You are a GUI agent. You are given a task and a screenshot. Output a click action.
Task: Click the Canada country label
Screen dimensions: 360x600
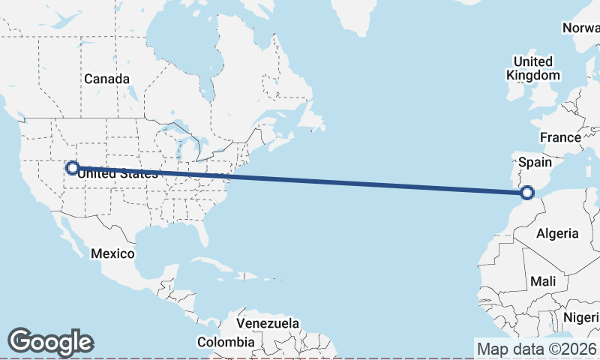pyautogui.click(x=106, y=79)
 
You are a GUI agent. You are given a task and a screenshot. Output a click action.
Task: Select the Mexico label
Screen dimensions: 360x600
pyautogui.click(x=112, y=253)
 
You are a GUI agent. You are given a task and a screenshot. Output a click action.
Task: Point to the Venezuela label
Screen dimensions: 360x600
pyautogui.click(x=268, y=323)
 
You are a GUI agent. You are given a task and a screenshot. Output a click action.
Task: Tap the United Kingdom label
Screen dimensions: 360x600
pyautogui.click(x=532, y=68)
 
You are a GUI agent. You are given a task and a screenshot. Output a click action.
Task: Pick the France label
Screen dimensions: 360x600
pyautogui.click(x=560, y=137)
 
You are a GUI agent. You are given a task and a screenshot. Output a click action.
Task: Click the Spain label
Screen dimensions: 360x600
pyautogui.click(x=535, y=162)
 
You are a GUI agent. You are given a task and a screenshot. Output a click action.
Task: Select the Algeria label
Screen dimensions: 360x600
pyautogui.click(x=557, y=233)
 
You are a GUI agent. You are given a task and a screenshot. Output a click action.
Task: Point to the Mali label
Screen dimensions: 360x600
pyautogui.click(x=542, y=281)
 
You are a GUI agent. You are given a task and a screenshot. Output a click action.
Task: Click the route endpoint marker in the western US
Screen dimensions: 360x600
pyautogui.click(x=72, y=168)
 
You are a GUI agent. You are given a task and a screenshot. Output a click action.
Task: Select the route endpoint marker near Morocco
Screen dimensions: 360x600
pyautogui.click(x=527, y=193)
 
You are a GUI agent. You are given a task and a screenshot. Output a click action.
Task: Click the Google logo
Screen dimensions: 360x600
pyautogui.click(x=50, y=342)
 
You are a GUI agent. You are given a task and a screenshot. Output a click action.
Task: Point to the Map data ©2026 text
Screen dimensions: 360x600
pyautogui.click(x=536, y=349)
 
